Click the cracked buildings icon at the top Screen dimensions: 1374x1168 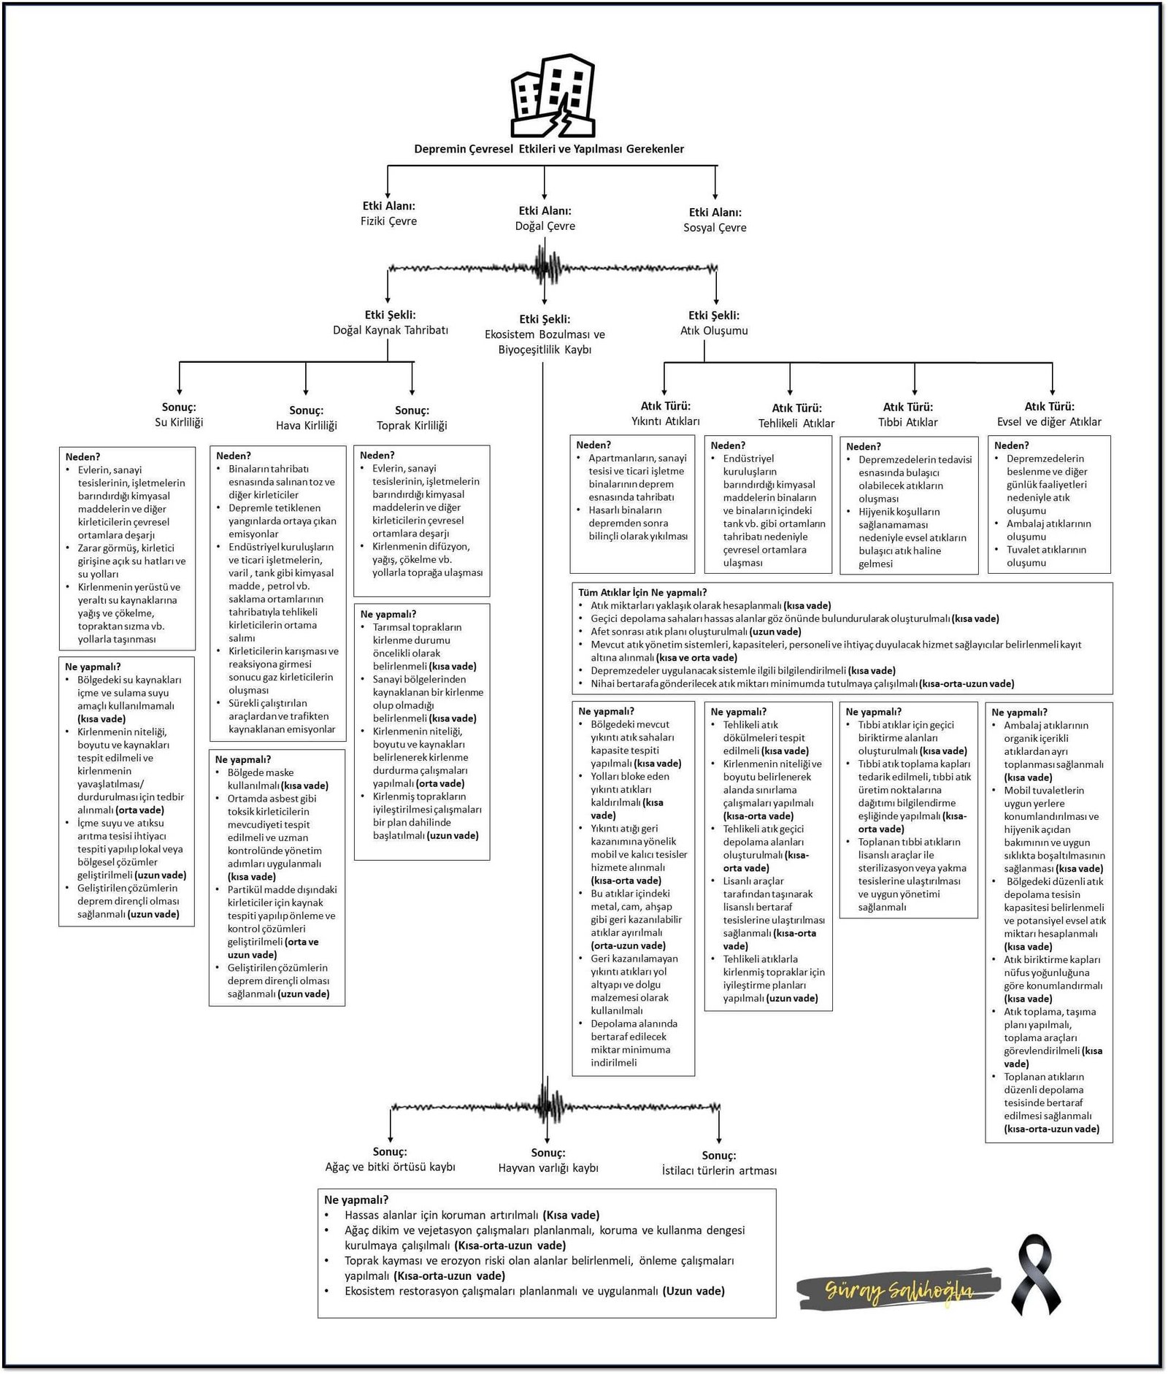[x=553, y=96]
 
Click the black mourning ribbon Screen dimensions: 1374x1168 [x=1036, y=1275]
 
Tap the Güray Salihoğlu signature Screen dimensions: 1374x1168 [x=898, y=1291]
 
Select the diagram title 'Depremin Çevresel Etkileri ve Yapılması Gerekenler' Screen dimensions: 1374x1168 [x=549, y=149]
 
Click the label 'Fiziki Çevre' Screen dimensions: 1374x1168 [x=388, y=221]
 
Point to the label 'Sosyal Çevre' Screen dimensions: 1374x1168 [x=715, y=228]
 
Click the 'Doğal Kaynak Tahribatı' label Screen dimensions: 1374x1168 [x=391, y=330]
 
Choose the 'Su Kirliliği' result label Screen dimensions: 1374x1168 [x=179, y=422]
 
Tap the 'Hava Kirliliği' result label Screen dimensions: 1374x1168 [x=307, y=425]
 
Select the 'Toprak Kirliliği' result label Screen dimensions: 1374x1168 [x=412, y=425]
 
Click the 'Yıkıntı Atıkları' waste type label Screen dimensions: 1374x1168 [x=665, y=421]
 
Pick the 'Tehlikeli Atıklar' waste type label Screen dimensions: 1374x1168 [x=796, y=423]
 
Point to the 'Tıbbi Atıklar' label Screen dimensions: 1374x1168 [x=907, y=422]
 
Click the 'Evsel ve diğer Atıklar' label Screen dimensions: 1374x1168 [x=1049, y=422]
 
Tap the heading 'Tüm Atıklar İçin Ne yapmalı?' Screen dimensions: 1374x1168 [x=642, y=592]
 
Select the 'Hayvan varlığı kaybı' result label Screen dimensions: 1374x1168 [x=548, y=1167]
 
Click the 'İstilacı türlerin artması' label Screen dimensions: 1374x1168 [x=719, y=1170]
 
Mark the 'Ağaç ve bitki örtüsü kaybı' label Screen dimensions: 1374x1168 [x=390, y=1167]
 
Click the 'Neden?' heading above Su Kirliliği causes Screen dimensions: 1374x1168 [x=82, y=457]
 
